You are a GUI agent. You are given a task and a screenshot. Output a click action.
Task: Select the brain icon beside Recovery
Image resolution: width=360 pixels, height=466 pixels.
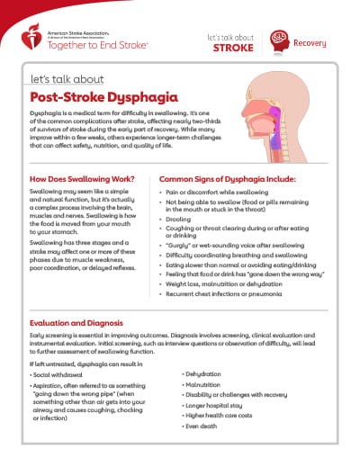point(280,41)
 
